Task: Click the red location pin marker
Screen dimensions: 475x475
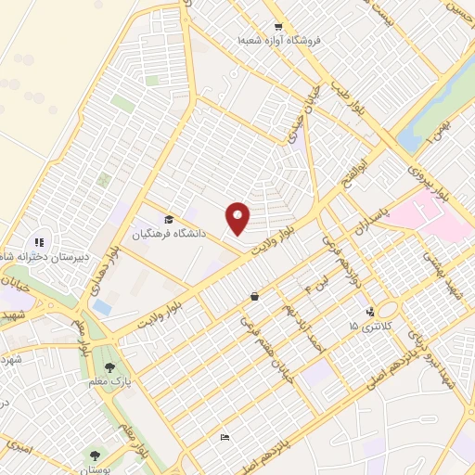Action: tap(238, 217)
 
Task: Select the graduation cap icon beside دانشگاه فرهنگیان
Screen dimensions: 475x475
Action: tap(169, 219)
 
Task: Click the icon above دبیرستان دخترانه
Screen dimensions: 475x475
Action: tap(40, 243)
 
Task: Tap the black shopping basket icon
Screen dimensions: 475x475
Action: tap(254, 297)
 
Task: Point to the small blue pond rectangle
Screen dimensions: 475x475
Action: tap(101, 305)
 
